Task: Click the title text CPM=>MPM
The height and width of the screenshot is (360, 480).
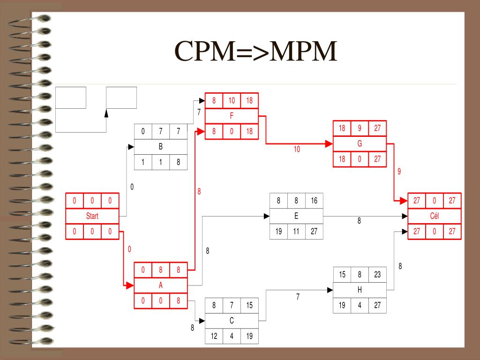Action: click(x=256, y=52)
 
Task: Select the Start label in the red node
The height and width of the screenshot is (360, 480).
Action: click(x=92, y=216)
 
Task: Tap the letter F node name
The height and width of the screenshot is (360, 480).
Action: click(x=232, y=116)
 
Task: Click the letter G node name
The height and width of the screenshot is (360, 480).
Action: click(x=360, y=144)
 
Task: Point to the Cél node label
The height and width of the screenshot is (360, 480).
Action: click(x=435, y=216)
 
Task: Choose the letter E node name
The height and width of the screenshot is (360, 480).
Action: click(x=296, y=216)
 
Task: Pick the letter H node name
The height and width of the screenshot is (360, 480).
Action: click(x=360, y=290)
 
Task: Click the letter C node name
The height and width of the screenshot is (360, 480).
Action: click(x=232, y=321)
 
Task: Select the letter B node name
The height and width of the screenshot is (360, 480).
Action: click(x=161, y=147)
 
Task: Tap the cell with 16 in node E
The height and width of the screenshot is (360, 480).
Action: click(x=314, y=201)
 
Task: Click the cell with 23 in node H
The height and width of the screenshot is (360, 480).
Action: click(x=377, y=275)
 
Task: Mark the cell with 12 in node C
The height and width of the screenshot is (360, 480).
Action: click(x=214, y=336)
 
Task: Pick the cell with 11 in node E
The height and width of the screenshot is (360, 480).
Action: click(x=296, y=231)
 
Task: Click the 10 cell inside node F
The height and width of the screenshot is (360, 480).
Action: click(x=232, y=101)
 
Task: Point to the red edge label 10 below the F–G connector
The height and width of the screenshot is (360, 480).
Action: click(x=297, y=150)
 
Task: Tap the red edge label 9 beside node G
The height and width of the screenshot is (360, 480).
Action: click(x=399, y=172)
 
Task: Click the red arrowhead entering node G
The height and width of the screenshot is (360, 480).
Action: click(x=329, y=144)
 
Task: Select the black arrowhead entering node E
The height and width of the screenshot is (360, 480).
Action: click(x=266, y=216)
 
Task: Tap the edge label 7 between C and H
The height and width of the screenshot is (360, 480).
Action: click(x=298, y=297)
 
